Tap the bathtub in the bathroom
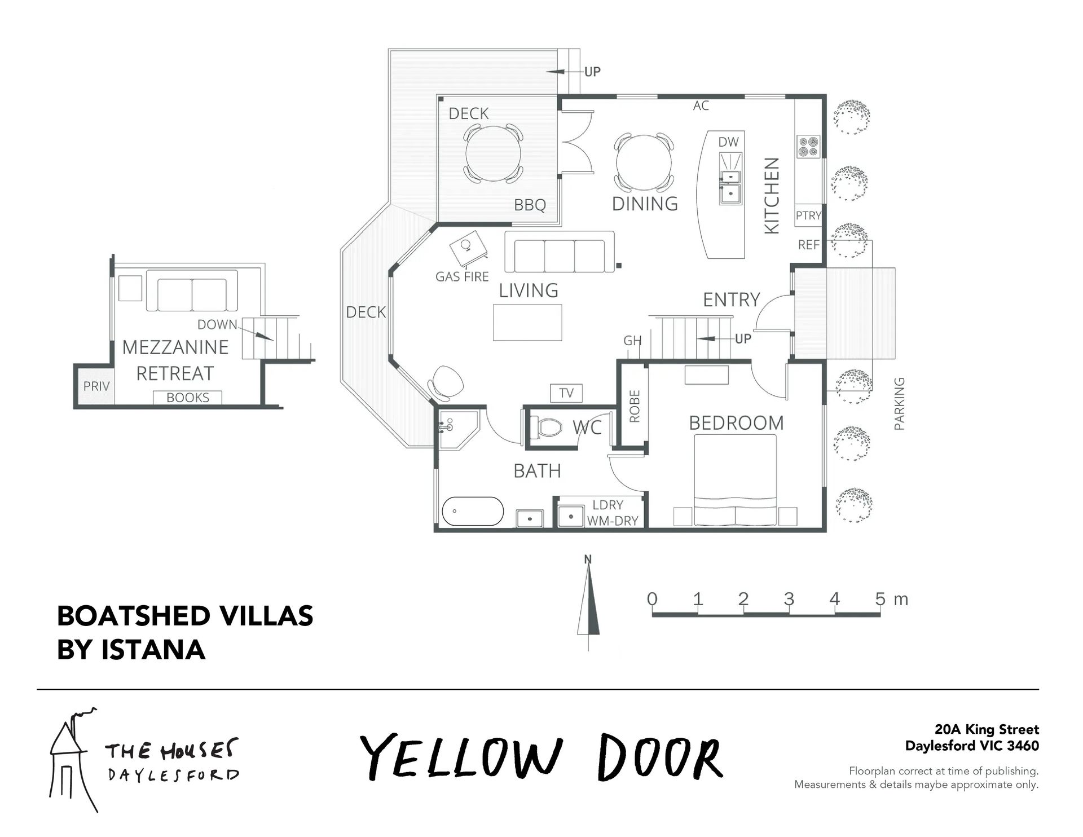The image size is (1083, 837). tap(473, 511)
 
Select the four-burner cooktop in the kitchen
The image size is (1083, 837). tap(808, 147)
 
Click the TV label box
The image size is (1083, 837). tap(566, 393)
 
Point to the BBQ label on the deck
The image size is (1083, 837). tap(530, 205)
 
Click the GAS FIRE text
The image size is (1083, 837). tap(462, 276)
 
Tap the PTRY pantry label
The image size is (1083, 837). tap(808, 215)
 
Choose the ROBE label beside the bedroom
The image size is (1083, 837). tap(635, 406)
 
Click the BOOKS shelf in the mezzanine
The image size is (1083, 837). tap(188, 398)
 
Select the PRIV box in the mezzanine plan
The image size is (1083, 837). tap(96, 386)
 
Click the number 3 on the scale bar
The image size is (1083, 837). tap(789, 599)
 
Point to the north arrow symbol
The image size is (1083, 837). tap(588, 603)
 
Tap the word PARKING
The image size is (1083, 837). tap(899, 404)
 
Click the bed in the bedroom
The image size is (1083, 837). tap(735, 480)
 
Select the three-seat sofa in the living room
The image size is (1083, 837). tap(559, 252)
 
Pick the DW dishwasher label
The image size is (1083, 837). tap(728, 142)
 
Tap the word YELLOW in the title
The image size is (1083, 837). tap(461, 757)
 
